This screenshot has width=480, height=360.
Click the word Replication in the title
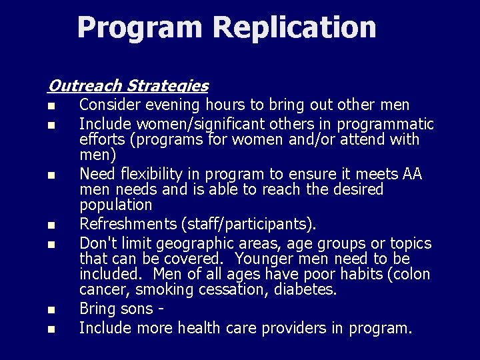click(x=294, y=27)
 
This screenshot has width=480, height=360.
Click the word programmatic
click(x=385, y=125)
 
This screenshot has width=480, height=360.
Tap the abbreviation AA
click(x=413, y=175)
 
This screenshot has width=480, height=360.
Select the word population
click(x=116, y=205)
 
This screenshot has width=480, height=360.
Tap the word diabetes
click(x=303, y=290)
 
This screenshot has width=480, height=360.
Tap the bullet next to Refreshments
click(x=51, y=225)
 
